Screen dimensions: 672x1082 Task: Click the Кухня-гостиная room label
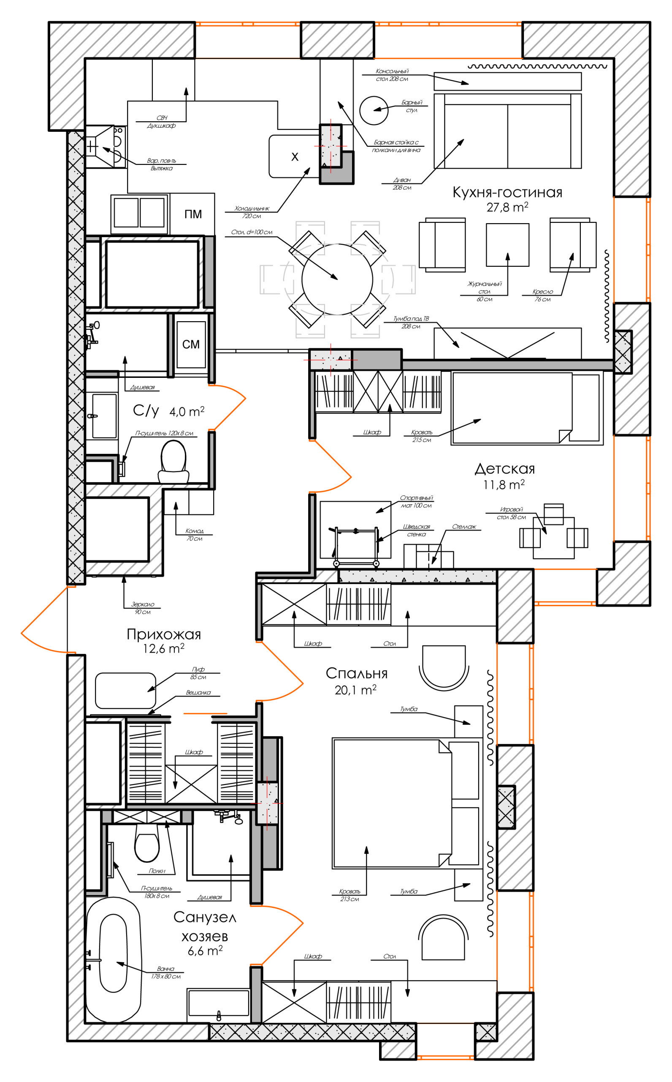(507, 192)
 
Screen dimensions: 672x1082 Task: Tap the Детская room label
(504, 468)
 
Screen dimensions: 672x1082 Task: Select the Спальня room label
(356, 674)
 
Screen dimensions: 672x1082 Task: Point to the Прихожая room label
(163, 634)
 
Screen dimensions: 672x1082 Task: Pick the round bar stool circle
(374, 111)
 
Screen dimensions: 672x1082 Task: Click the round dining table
(337, 279)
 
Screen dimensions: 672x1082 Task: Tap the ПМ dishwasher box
(192, 214)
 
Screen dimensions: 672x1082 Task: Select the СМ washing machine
(191, 344)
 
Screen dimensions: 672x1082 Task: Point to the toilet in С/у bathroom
(174, 462)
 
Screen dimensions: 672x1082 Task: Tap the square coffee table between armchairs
(507, 245)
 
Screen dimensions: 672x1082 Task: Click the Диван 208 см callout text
(402, 184)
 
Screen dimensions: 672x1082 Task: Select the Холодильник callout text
(252, 212)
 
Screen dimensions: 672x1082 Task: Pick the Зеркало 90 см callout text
(143, 608)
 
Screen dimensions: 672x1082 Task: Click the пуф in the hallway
(125, 691)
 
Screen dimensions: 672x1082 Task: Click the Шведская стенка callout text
(417, 530)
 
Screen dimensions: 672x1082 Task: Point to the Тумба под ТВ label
(411, 322)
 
